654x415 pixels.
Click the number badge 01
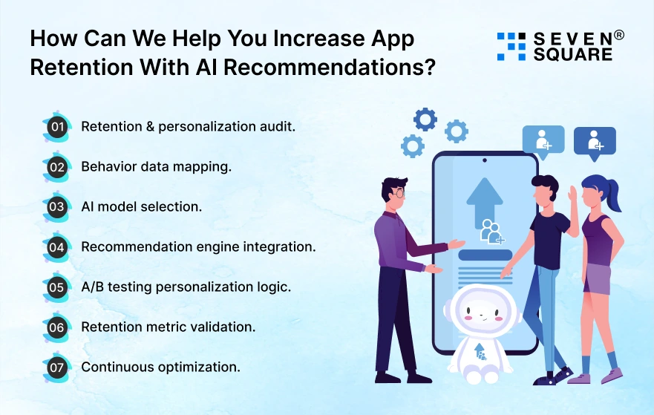56,127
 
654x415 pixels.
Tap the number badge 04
56,246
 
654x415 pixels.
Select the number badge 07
56,367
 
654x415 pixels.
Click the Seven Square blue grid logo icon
511,46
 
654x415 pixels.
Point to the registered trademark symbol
619,35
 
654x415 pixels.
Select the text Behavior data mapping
156,167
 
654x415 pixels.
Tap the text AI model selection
141,207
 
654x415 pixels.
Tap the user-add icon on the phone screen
491,232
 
